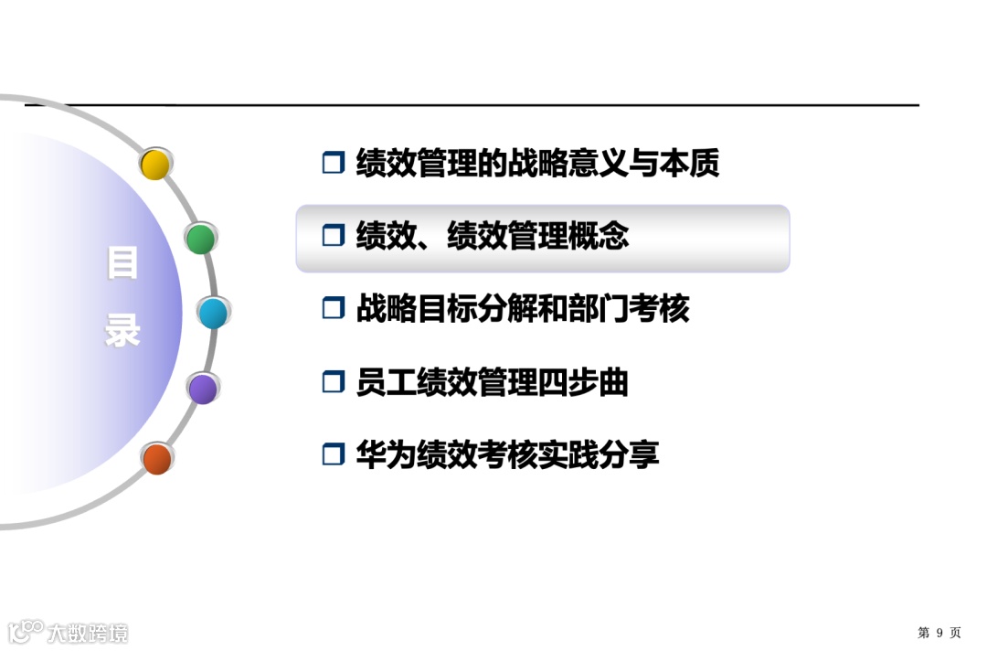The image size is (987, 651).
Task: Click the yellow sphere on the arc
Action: click(155, 165)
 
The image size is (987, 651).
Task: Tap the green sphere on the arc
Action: click(201, 239)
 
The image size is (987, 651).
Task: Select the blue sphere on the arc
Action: click(213, 314)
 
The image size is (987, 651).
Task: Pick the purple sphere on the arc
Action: click(203, 389)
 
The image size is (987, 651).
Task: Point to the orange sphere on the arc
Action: click(157, 458)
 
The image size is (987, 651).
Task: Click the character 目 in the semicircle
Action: click(122, 263)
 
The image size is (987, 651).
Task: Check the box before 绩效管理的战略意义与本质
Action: click(333, 164)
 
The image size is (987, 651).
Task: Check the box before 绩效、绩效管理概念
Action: click(333, 236)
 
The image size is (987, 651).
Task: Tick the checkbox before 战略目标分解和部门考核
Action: click(333, 309)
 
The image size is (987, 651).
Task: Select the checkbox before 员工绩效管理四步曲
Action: click(333, 382)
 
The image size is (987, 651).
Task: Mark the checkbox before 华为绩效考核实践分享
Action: click(333, 454)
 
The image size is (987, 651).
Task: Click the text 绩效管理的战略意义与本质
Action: click(537, 163)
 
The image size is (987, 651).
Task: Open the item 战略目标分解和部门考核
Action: click(522, 309)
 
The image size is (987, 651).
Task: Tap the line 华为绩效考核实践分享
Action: click(507, 454)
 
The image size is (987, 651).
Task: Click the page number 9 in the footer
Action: click(939, 633)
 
